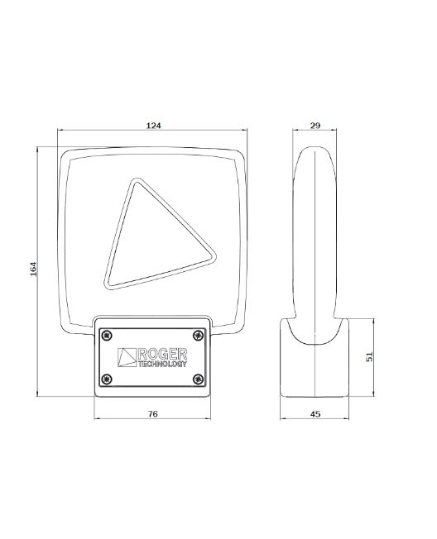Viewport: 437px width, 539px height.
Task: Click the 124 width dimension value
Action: tap(153, 126)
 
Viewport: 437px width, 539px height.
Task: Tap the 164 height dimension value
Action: tap(33, 269)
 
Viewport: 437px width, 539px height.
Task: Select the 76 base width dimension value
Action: tap(153, 414)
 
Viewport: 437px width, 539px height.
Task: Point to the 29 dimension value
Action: tap(315, 126)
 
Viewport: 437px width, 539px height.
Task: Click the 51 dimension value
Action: tap(369, 357)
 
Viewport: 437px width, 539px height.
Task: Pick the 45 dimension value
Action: tap(315, 414)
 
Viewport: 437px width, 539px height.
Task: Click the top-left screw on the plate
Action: tap(108, 336)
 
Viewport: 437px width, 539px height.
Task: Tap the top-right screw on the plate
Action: tap(198, 336)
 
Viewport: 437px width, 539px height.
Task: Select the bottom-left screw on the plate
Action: tap(108, 379)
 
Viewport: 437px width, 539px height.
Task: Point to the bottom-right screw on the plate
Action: tap(198, 379)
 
